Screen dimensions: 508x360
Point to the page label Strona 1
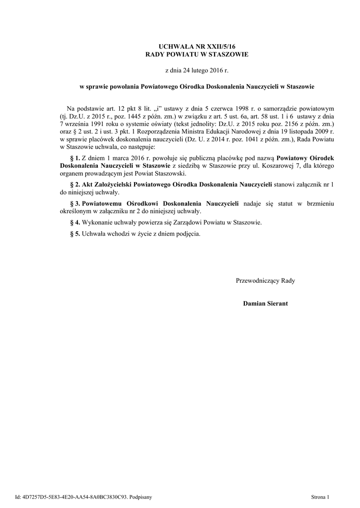[x=321, y=496]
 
